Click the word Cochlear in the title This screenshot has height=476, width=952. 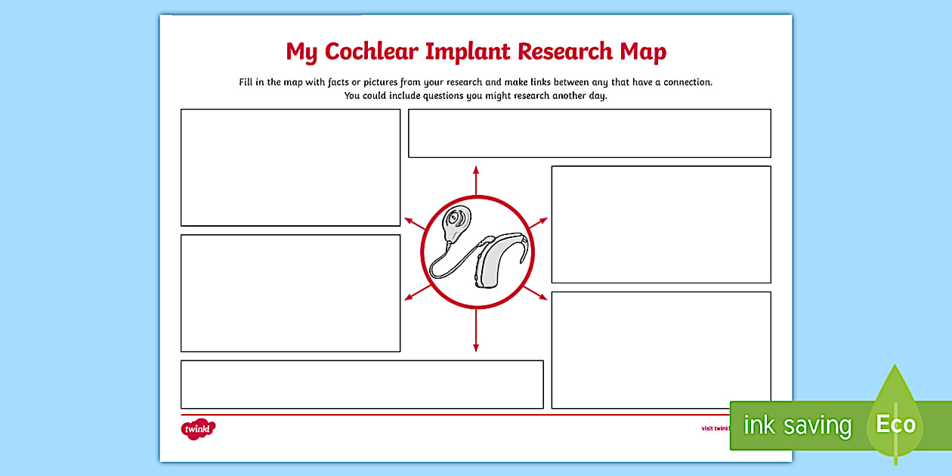click(x=371, y=52)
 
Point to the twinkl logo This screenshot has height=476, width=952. click(x=199, y=429)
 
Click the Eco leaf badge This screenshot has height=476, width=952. click(x=895, y=423)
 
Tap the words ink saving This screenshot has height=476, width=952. click(x=796, y=425)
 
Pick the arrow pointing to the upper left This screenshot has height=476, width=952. click(x=415, y=224)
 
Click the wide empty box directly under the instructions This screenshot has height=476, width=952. click(x=589, y=133)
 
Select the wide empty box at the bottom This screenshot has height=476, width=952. click(x=362, y=385)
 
